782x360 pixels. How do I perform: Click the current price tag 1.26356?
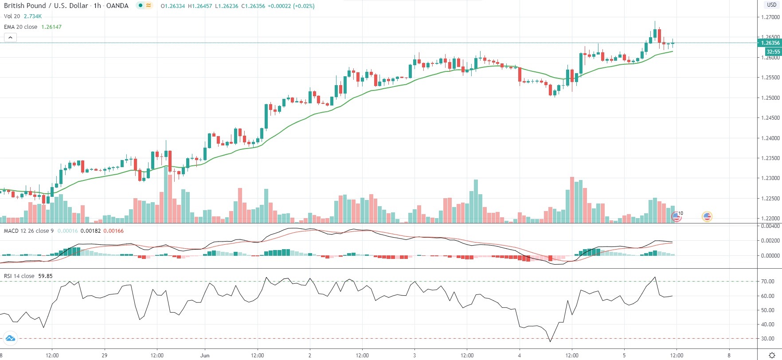[770, 43]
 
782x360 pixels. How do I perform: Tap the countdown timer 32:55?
[773, 52]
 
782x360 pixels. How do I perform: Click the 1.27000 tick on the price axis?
[770, 17]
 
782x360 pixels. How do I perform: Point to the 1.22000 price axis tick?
[770, 219]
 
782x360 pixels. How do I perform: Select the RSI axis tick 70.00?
[768, 282]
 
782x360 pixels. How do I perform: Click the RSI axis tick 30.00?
[768, 339]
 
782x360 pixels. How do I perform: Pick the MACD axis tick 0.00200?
[770, 241]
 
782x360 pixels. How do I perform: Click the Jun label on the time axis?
[205, 356]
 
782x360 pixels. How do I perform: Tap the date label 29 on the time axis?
[105, 356]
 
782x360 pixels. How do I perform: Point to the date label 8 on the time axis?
[729, 356]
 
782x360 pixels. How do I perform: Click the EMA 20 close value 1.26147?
[51, 27]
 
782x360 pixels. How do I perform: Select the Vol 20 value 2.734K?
[33, 16]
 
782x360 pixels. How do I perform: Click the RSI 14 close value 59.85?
[45, 276]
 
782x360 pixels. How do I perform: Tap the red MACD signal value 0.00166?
[113, 231]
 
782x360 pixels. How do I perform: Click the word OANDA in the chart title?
[117, 6]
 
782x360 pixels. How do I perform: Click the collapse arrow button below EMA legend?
[10, 38]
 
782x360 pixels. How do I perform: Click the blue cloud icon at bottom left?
[10, 339]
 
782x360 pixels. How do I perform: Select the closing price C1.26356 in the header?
[253, 6]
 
